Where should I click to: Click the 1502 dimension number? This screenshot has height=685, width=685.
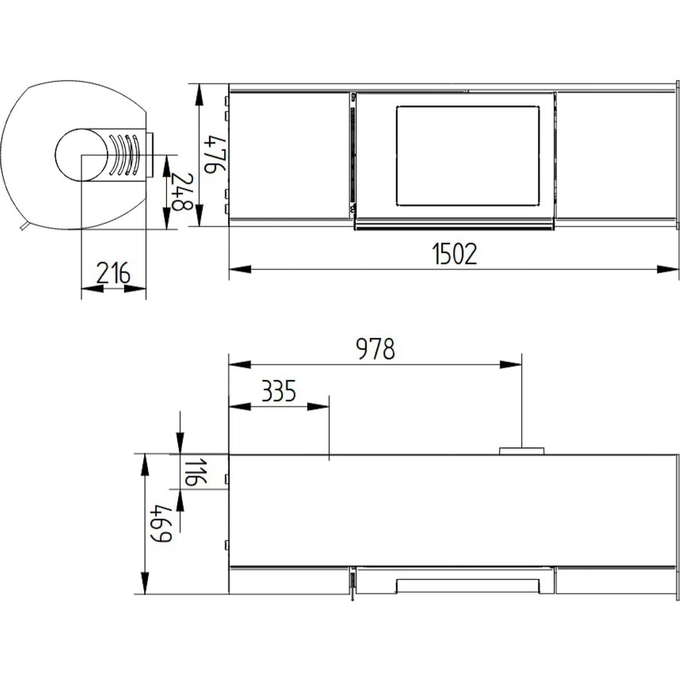coord(454,254)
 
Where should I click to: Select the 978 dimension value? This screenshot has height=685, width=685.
coord(375,349)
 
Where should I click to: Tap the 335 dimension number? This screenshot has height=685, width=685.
coord(279,391)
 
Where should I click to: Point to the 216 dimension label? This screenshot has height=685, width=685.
coord(113,274)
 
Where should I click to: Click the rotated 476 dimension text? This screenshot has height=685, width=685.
coord(215,155)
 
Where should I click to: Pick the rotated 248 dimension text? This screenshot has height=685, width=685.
coord(182,191)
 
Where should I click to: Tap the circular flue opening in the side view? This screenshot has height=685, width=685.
coord(81,155)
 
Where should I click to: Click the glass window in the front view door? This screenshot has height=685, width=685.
coord(468,156)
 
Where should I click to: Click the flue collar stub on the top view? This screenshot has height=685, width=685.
coord(521,451)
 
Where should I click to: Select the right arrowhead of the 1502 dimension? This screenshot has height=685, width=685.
coord(668,269)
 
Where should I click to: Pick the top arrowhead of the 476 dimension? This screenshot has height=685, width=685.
coord(199,95)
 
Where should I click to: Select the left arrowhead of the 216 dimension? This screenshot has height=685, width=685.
coord(92,289)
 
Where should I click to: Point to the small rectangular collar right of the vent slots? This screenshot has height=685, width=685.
coord(150,155)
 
